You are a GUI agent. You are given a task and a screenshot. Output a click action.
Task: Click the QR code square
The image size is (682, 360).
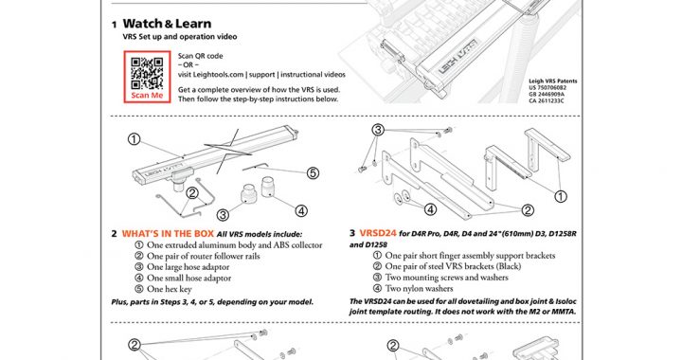147,73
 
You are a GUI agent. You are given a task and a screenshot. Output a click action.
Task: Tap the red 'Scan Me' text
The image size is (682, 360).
147,96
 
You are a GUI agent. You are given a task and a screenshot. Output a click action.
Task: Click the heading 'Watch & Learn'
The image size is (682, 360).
167,24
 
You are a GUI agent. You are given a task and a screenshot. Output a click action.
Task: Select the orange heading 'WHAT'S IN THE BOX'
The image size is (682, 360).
168,233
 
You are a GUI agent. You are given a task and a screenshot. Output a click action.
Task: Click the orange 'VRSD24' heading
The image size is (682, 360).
378,233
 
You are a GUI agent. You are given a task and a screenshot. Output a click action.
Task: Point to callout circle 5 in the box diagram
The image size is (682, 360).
313,173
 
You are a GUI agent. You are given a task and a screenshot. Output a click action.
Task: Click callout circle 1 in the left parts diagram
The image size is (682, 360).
135,139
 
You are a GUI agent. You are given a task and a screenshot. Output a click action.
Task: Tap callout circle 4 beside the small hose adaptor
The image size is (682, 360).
301,211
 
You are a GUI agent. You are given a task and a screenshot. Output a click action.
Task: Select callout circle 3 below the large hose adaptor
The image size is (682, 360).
223,215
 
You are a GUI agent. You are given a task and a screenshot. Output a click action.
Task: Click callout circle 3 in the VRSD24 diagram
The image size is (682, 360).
378,130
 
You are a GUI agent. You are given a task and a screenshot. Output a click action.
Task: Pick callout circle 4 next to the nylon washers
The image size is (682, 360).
430,209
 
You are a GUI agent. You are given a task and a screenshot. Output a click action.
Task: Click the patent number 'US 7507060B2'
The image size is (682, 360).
547,87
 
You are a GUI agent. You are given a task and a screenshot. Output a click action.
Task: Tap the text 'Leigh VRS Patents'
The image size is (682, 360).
553,81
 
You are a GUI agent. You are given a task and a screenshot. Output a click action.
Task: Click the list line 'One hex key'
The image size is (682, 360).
164,289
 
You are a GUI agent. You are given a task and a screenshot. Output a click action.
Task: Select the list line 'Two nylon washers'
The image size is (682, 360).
413,288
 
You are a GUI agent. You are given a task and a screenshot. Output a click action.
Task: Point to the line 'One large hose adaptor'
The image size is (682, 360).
182,267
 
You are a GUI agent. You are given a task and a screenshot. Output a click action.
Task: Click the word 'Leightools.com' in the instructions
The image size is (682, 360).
210,74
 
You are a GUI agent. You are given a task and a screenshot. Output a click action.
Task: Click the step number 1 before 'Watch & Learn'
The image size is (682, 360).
114,25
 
